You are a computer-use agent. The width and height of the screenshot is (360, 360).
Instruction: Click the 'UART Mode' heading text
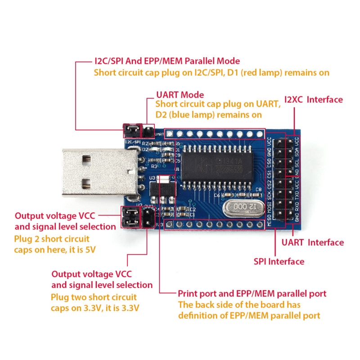(180, 95)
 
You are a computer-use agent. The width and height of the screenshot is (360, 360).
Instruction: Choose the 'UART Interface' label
(312, 243)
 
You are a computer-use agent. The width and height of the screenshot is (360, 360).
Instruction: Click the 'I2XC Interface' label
(314, 99)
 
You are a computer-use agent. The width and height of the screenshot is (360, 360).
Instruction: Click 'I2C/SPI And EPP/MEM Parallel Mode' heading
(167, 61)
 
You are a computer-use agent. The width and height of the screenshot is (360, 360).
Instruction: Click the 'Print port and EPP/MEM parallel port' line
(252, 294)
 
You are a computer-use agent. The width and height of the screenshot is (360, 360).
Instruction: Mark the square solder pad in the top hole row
(170, 134)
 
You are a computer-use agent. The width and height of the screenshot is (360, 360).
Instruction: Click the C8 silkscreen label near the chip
(258, 190)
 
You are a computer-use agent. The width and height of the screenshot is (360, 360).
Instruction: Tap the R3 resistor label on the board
(154, 166)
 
